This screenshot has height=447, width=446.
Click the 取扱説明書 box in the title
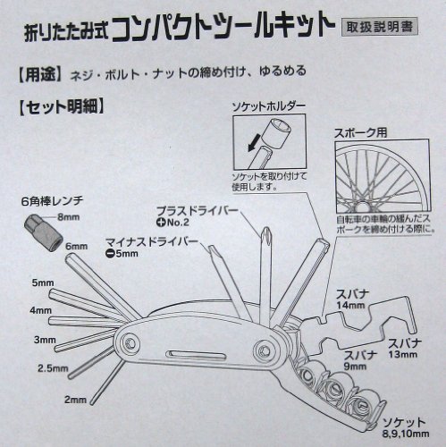[x=379, y=27]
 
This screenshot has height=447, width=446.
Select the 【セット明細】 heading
[x=62, y=106]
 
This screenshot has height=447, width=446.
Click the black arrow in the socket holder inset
[x=254, y=143]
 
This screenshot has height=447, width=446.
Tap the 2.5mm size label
[x=53, y=368]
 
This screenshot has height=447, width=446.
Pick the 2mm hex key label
[x=75, y=400]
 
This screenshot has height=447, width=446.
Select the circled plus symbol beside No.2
[x=160, y=223]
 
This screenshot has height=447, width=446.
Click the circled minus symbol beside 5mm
[x=110, y=254]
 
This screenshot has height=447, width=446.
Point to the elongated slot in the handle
[x=196, y=355]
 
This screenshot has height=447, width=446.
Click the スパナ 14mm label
[x=351, y=299]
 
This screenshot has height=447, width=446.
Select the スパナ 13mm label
[x=404, y=349]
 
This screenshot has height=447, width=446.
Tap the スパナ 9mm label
[x=360, y=360]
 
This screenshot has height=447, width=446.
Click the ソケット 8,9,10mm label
[x=406, y=427]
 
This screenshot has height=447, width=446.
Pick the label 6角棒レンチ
[x=53, y=201]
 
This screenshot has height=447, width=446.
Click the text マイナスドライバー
[x=152, y=241]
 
